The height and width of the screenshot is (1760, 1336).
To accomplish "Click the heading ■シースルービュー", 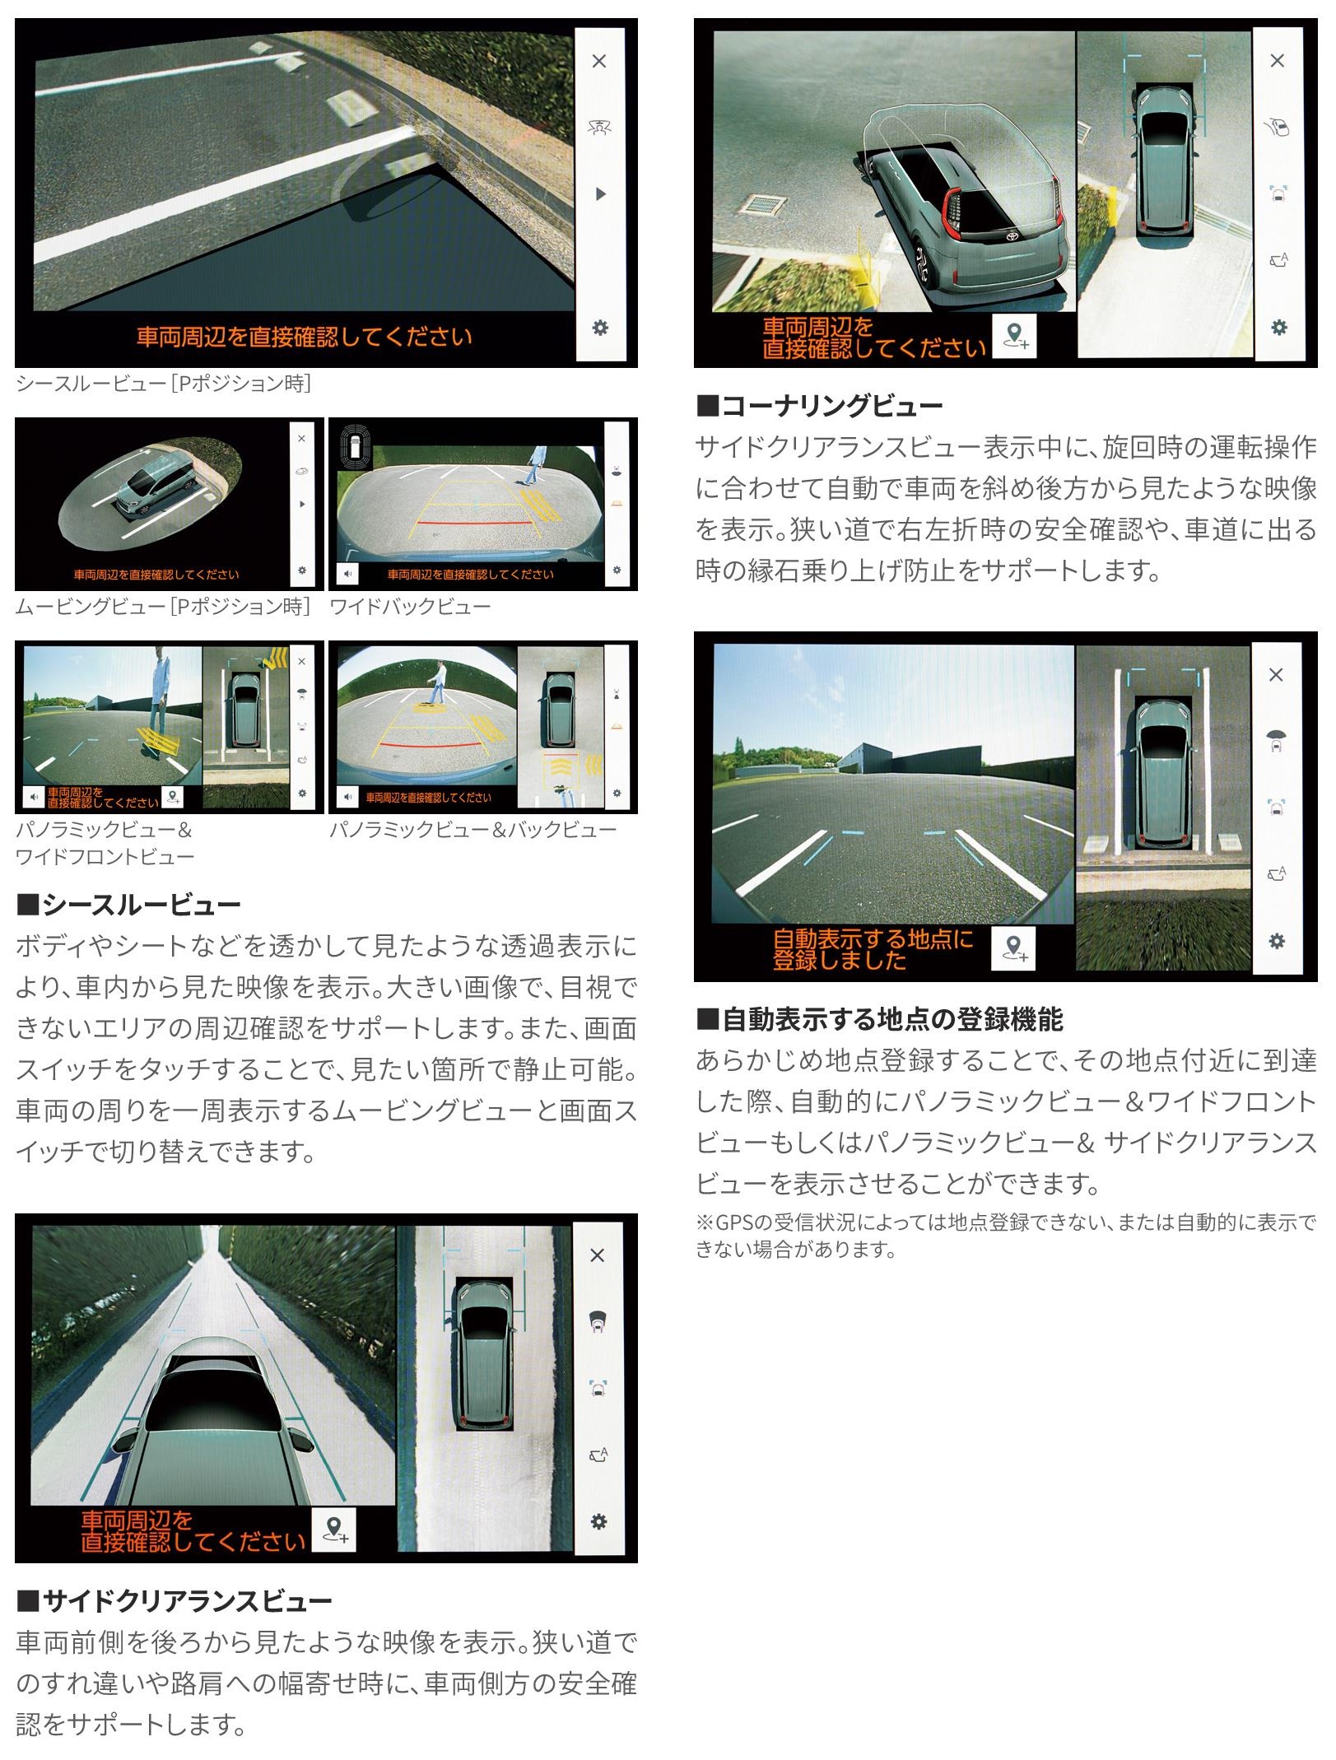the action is click(128, 905).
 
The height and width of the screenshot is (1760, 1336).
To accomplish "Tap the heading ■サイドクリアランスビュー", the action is click(174, 1601).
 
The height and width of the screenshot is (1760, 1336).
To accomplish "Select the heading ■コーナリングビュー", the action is click(820, 406).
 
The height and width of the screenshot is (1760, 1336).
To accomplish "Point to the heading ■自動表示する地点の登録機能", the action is click(880, 1020).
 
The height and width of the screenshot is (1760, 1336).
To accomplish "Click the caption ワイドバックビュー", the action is click(410, 608).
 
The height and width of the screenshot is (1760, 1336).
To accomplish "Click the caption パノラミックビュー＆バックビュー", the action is click(473, 830).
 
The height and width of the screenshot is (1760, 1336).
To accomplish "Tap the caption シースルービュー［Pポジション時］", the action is click(164, 384).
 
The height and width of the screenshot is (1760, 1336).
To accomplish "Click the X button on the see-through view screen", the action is click(599, 61).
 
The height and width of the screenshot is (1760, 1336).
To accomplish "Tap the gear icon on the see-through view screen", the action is click(600, 328).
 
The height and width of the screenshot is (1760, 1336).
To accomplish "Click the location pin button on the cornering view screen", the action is click(1013, 337).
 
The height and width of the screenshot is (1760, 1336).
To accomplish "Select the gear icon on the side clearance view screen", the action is click(598, 1521).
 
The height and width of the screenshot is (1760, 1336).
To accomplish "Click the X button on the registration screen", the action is click(1276, 675).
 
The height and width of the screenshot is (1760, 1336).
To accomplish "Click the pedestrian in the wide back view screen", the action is click(536, 465).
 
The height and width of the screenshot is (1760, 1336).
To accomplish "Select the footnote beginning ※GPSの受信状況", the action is click(1006, 1236).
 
